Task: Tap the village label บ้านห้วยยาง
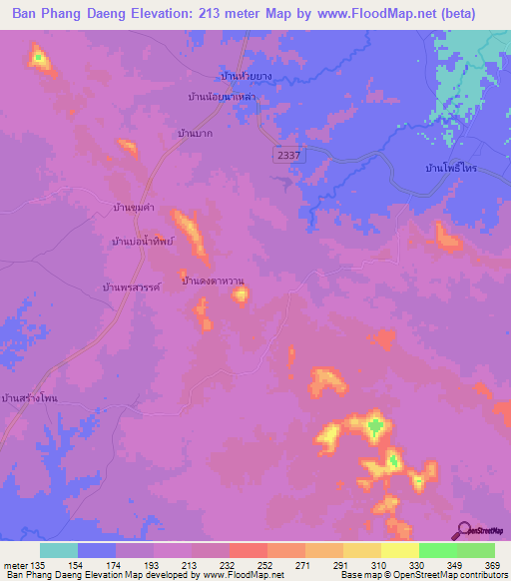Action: tap(246, 75)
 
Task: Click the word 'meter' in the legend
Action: tap(13, 564)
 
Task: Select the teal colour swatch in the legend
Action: tap(59, 550)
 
